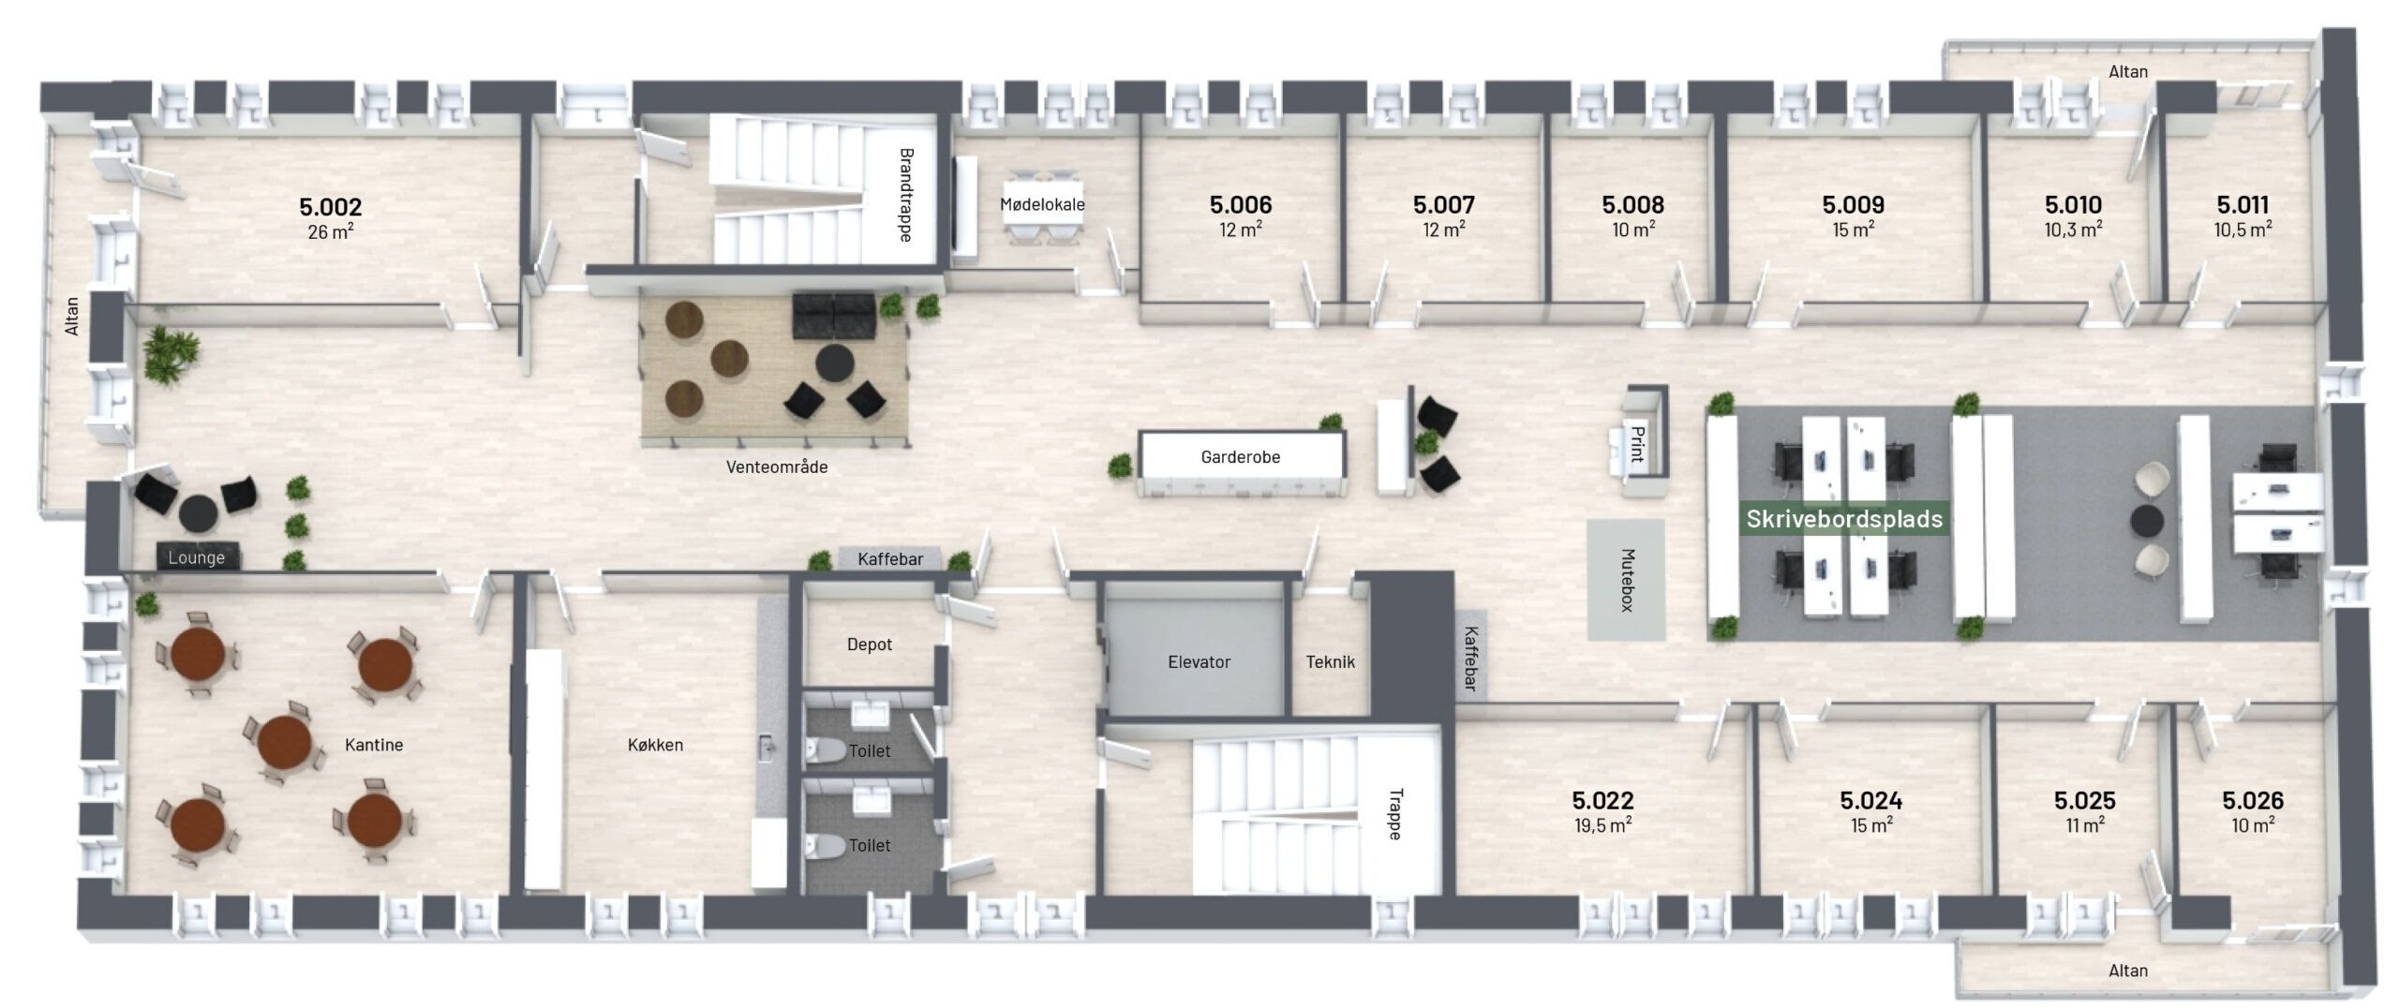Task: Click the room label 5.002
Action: click(330, 206)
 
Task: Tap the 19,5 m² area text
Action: click(1602, 825)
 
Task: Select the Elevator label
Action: click(1199, 662)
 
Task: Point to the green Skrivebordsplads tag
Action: click(1844, 519)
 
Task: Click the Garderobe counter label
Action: click(1240, 457)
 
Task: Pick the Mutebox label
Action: click(1627, 580)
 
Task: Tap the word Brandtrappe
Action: click(905, 195)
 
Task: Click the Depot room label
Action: click(869, 645)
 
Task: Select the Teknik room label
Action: click(1330, 662)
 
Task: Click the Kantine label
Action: click(374, 745)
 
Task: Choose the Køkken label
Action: click(655, 745)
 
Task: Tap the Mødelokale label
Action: click(1042, 204)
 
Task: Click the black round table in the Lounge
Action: click(198, 511)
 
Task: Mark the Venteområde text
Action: click(777, 467)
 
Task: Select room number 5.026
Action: click(2253, 800)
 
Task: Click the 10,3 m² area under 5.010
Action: click(2073, 230)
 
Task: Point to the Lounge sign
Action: click(197, 557)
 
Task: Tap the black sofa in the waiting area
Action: click(834, 316)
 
